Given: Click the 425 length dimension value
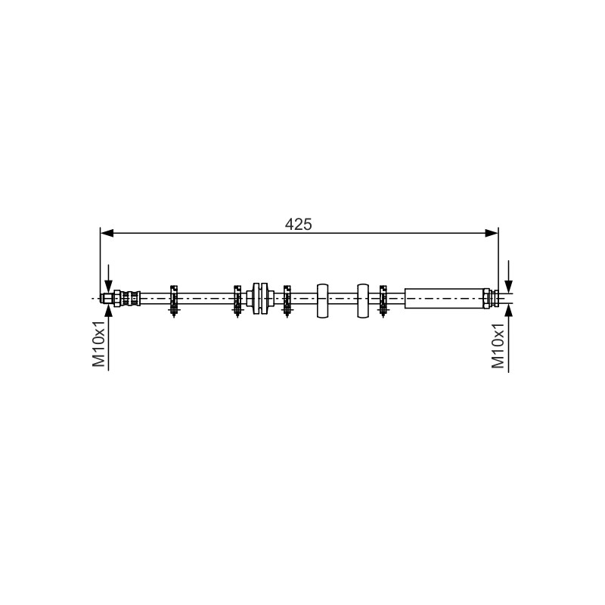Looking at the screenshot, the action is (x=298, y=224).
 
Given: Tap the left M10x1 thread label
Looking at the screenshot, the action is (x=98, y=343).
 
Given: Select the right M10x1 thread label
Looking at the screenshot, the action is (x=498, y=346).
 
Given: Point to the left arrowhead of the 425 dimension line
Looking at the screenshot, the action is (x=107, y=233).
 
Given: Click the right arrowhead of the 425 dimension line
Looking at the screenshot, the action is (x=492, y=233).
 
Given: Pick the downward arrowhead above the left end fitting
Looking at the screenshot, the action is (x=109, y=287).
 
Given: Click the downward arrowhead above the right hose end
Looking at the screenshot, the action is (x=509, y=287).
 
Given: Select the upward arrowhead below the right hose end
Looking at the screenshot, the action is (x=509, y=310).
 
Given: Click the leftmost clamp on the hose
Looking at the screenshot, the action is (x=174, y=301).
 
